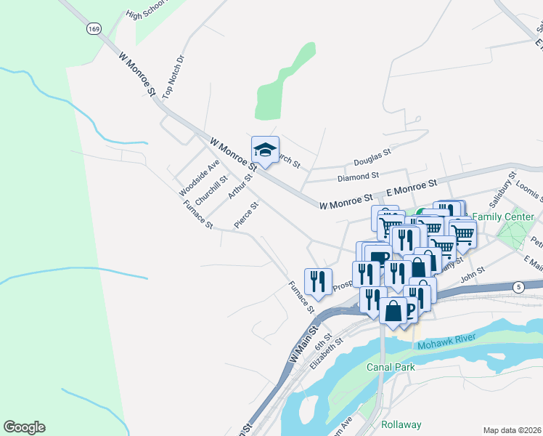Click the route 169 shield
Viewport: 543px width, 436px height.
coord(93,28)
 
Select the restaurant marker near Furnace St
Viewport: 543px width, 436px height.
coord(318,280)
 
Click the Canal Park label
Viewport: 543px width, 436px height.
coord(391,367)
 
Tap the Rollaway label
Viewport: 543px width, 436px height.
coord(401,424)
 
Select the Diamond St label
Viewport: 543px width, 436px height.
coord(358,176)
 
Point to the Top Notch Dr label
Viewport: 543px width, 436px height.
coord(170,77)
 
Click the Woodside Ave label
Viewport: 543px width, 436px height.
coord(189,179)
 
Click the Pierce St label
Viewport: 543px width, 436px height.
coord(247,216)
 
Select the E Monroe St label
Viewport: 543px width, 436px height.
coord(412,188)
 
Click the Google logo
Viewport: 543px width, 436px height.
coord(24,427)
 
